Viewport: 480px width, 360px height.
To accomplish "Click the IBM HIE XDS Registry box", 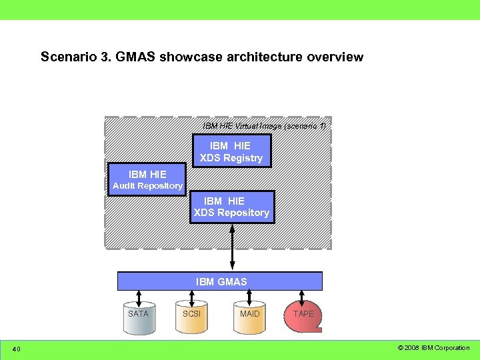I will point(231,151).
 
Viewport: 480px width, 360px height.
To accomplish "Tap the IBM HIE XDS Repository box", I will point(231,207).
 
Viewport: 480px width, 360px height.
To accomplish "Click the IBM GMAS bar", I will point(220,281).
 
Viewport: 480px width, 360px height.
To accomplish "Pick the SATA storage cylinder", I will point(139,318).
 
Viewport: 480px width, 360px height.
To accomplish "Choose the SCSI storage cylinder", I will point(191,318).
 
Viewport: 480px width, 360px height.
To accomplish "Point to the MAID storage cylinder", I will point(249,318).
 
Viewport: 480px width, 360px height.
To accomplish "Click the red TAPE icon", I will point(303,317).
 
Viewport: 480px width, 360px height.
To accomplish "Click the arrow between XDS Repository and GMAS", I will point(232,247).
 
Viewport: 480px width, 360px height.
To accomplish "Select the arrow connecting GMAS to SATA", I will point(139,297).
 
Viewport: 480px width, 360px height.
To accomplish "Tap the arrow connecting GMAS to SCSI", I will point(192,297).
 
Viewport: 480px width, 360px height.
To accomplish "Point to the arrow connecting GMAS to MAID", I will point(249,297).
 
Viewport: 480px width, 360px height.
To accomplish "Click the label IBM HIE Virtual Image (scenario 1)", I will point(264,125).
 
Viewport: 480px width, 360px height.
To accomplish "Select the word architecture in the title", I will point(265,57).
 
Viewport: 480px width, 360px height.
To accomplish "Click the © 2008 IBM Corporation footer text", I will point(433,348).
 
